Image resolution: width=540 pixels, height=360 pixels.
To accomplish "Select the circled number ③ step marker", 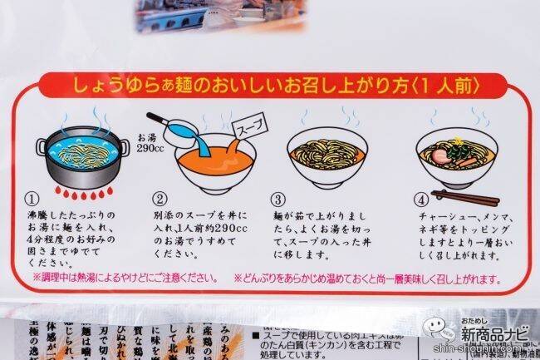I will click(278, 200).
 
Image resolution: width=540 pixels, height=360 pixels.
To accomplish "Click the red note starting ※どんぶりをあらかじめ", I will click(366, 276).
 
